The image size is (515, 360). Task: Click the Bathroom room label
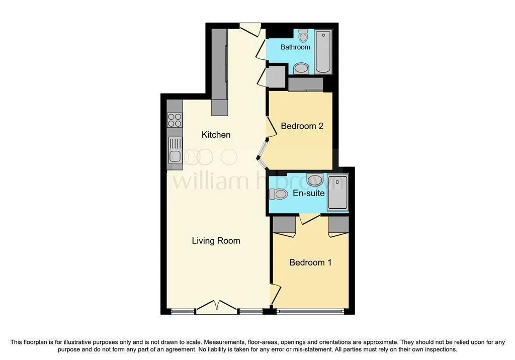pos(295,47)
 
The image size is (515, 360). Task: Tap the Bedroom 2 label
pos(302,126)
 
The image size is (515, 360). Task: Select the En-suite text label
pos(309,193)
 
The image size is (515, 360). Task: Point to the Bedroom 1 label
pos(310,262)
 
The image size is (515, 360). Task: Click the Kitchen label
pos(216,135)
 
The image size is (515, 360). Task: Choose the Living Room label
pos(216,241)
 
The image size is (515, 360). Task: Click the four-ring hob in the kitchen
pos(175,120)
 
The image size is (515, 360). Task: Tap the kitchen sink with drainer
pos(175,150)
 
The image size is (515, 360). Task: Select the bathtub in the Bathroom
pos(323,52)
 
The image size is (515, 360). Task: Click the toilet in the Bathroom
pos(303,36)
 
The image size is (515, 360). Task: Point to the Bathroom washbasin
pos(301,69)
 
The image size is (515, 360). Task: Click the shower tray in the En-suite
pos(337,193)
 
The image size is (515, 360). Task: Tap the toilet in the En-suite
pos(278,194)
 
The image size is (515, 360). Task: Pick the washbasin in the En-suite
pos(315,179)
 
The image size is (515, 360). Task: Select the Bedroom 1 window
pos(310,311)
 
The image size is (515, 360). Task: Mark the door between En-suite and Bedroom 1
pos(310,219)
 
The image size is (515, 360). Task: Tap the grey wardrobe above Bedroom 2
pos(306,84)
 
